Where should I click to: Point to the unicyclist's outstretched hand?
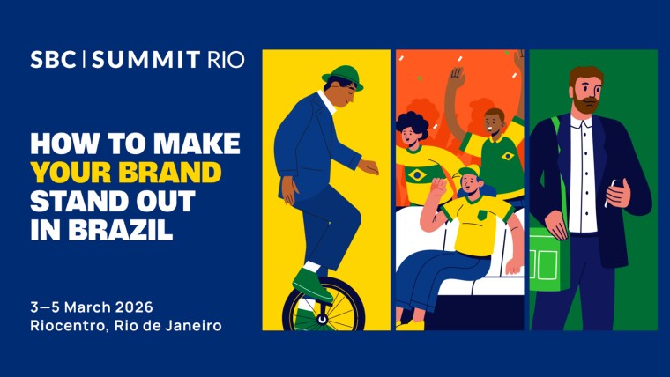click(x=369, y=166)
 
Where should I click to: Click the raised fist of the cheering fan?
click(x=456, y=78)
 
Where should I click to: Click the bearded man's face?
click(x=585, y=92)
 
